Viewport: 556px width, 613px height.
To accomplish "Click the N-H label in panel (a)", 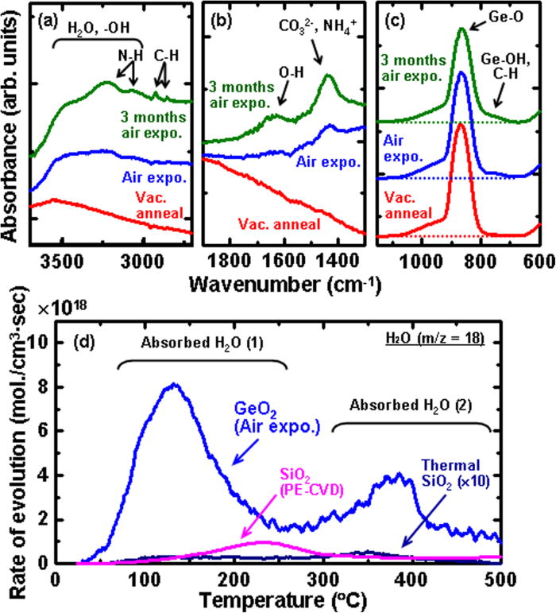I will click(121, 57).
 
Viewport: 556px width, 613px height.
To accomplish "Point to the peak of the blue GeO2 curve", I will click(106, 386).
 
